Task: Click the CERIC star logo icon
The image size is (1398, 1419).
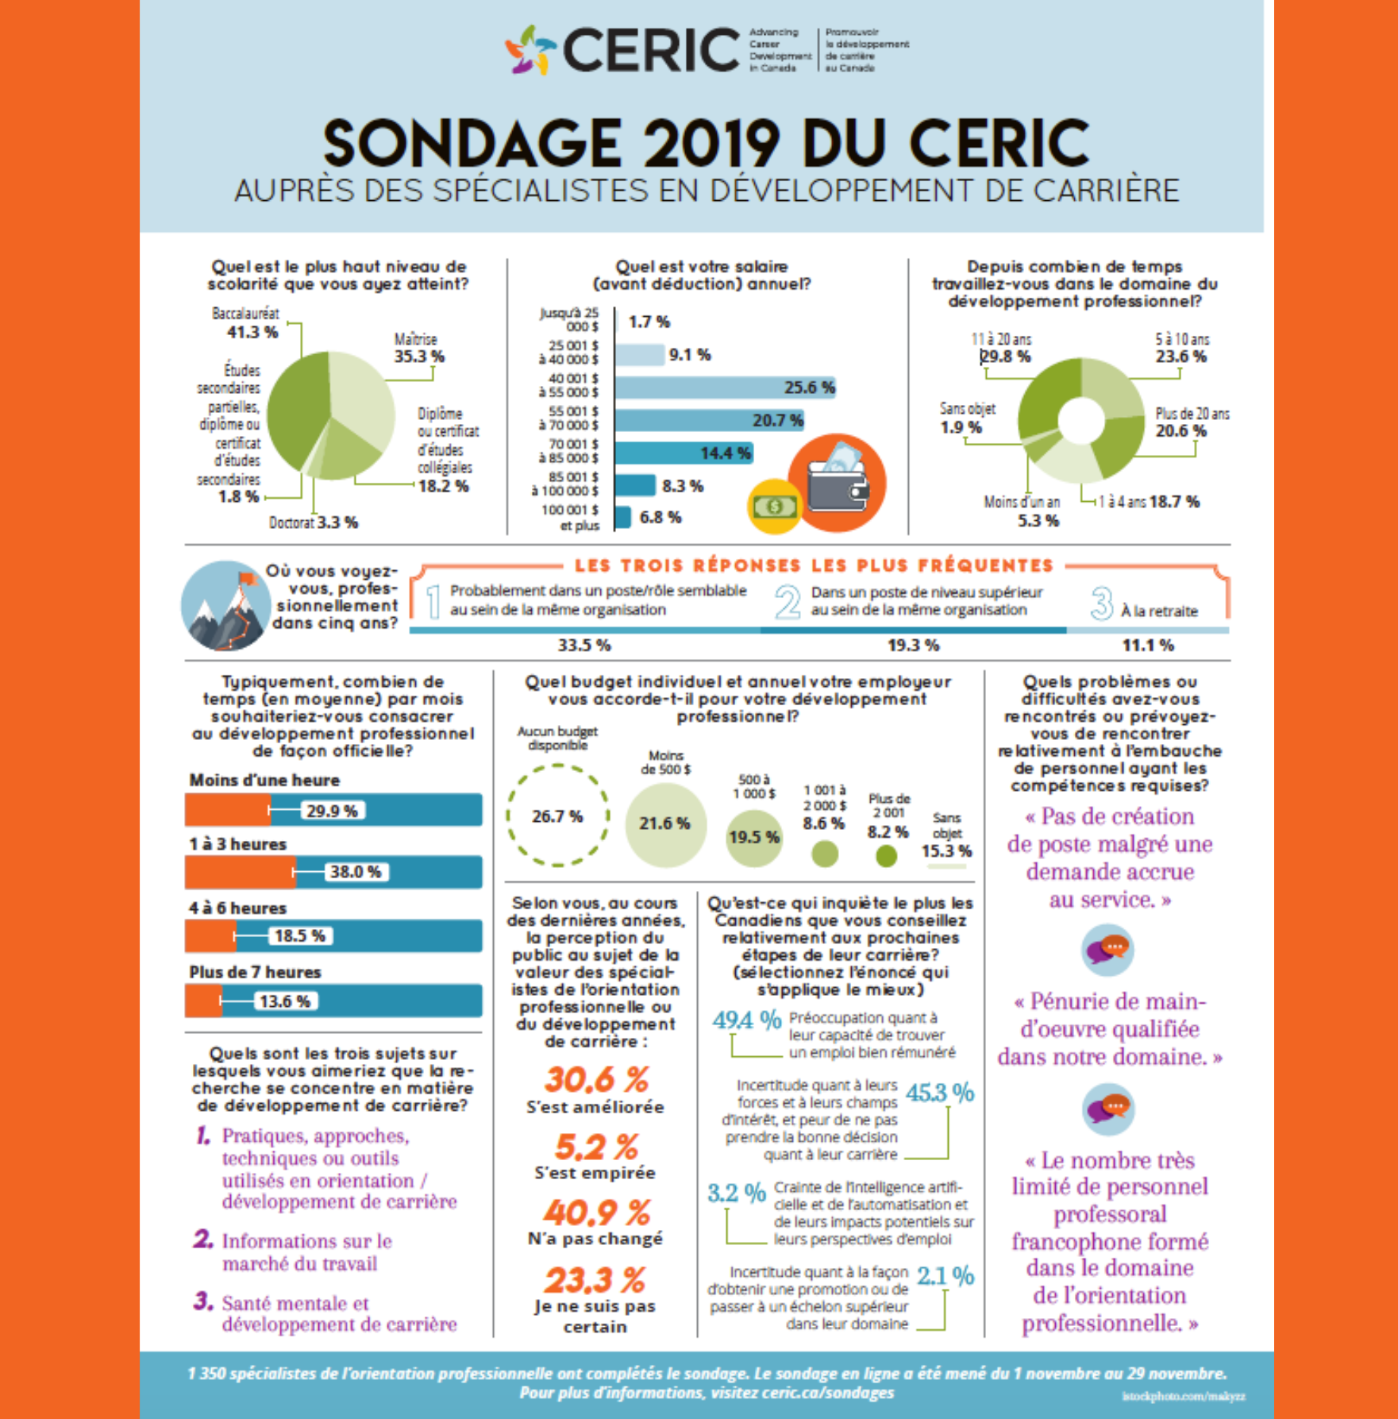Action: click(530, 49)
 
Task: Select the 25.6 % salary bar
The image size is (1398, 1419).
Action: click(725, 388)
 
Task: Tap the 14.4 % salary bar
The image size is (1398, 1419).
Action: click(684, 453)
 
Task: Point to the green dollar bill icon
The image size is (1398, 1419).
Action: click(774, 506)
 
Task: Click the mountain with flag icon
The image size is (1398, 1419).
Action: click(225, 605)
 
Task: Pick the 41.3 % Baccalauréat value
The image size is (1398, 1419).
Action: click(252, 332)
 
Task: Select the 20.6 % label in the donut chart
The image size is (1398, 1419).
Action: click(1180, 430)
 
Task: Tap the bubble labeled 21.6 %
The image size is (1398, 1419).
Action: click(665, 824)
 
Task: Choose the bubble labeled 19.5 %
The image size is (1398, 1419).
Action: click(754, 838)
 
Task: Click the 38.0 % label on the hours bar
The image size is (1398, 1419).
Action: click(355, 872)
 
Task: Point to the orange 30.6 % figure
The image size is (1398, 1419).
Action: click(596, 1079)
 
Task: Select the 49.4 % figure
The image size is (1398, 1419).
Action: click(746, 1020)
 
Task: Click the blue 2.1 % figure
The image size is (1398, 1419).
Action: click(945, 1276)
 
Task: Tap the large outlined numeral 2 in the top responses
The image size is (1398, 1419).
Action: click(788, 603)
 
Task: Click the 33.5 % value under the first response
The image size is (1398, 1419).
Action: click(584, 645)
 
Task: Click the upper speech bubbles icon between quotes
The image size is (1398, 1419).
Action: click(1108, 950)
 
